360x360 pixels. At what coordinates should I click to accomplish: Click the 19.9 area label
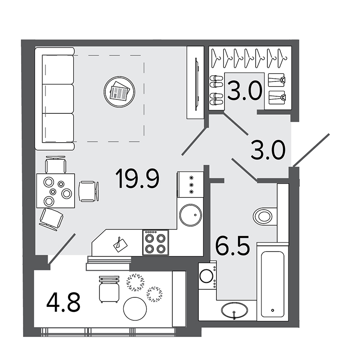pos(137,178)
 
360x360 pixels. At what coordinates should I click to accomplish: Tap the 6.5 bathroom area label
pos(232,246)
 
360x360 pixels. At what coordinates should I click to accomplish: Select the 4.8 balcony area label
pos(63,302)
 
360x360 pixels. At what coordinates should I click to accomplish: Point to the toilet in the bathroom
pos(265,216)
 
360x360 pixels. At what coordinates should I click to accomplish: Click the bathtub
pos(273,282)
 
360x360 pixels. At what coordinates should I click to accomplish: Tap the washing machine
pos(207,275)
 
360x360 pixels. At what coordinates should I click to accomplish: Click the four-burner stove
pos(155,243)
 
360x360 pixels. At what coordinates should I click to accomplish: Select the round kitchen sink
pos(190,215)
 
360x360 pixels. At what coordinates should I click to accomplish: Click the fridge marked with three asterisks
pos(190,184)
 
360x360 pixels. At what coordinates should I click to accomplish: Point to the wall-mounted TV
pos(197,84)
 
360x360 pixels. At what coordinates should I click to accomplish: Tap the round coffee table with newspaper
pos(119,92)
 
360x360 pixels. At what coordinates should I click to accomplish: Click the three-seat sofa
pos(54,99)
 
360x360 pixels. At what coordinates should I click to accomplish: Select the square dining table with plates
pos(56,191)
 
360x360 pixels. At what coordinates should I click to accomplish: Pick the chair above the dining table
pos(55,165)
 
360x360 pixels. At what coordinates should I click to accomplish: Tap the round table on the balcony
pos(135,309)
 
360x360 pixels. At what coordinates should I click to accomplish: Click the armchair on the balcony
pos(109,289)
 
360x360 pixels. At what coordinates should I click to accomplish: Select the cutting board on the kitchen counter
pos(120,245)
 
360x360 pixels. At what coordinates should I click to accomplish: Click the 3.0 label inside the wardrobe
pos(245,91)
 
